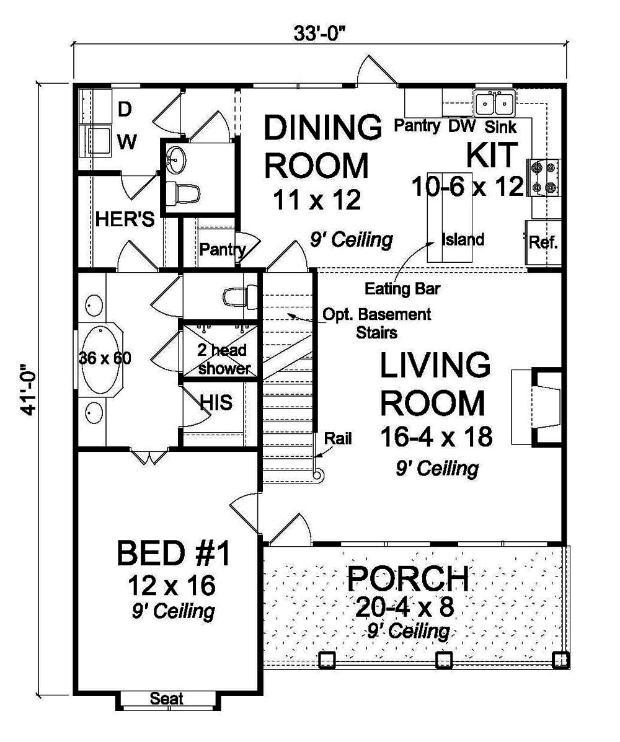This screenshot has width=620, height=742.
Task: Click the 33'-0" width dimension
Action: pos(320,32)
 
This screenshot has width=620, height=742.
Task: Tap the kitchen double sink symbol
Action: pos(494,102)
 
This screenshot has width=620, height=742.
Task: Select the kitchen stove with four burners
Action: pos(542,177)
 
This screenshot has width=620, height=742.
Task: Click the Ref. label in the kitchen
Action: pos(544,242)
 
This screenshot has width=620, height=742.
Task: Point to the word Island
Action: pos(462,239)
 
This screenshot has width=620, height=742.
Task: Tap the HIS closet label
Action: pos(216,402)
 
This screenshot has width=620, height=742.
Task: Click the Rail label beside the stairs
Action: pos(340,439)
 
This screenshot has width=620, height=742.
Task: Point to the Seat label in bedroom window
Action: pos(167,699)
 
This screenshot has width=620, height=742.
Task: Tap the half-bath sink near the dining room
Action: pos(175,161)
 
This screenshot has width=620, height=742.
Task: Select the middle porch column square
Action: pos(442,660)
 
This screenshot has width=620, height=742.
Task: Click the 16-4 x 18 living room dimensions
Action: pos(436,437)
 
